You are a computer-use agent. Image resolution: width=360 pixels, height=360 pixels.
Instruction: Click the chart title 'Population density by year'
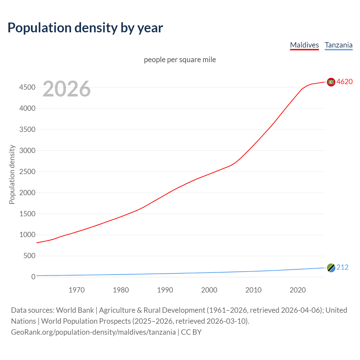coord(85,28)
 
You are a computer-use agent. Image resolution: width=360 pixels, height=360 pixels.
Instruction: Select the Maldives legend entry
coord(304,45)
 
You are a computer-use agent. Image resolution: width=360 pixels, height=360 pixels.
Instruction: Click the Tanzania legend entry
coord(338,45)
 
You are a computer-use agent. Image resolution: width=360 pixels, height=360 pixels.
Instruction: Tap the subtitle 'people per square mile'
coord(180,60)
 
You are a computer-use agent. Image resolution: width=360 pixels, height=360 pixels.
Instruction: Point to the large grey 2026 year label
coord(67,89)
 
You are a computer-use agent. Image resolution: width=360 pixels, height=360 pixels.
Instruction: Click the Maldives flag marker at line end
coord(331,82)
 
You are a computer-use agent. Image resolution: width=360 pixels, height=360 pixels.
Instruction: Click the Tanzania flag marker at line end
coord(331,268)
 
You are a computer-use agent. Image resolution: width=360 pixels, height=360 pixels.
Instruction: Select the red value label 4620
coord(345,82)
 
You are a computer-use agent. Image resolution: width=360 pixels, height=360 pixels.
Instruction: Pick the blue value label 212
coord(342,267)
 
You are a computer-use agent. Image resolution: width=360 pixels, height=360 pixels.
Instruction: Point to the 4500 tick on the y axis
coord(27,87)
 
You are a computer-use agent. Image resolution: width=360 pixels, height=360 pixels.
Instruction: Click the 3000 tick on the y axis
coord(27,150)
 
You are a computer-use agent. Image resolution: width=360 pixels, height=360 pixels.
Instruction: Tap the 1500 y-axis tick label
coord(27,214)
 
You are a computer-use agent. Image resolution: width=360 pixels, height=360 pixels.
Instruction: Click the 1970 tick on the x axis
coord(76,290)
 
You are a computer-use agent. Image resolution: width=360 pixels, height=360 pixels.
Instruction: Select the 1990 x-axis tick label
coord(165,290)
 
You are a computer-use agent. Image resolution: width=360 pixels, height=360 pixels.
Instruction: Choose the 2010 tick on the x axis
coord(253,290)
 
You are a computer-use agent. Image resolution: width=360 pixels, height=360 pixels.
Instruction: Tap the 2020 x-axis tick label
coord(298,290)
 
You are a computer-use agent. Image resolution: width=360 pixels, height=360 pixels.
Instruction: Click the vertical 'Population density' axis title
coord(12,174)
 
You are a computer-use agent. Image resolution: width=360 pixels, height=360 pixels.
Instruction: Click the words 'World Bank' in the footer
coord(75,310)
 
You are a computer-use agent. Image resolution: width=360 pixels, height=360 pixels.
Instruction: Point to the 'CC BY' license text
coord(191,332)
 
